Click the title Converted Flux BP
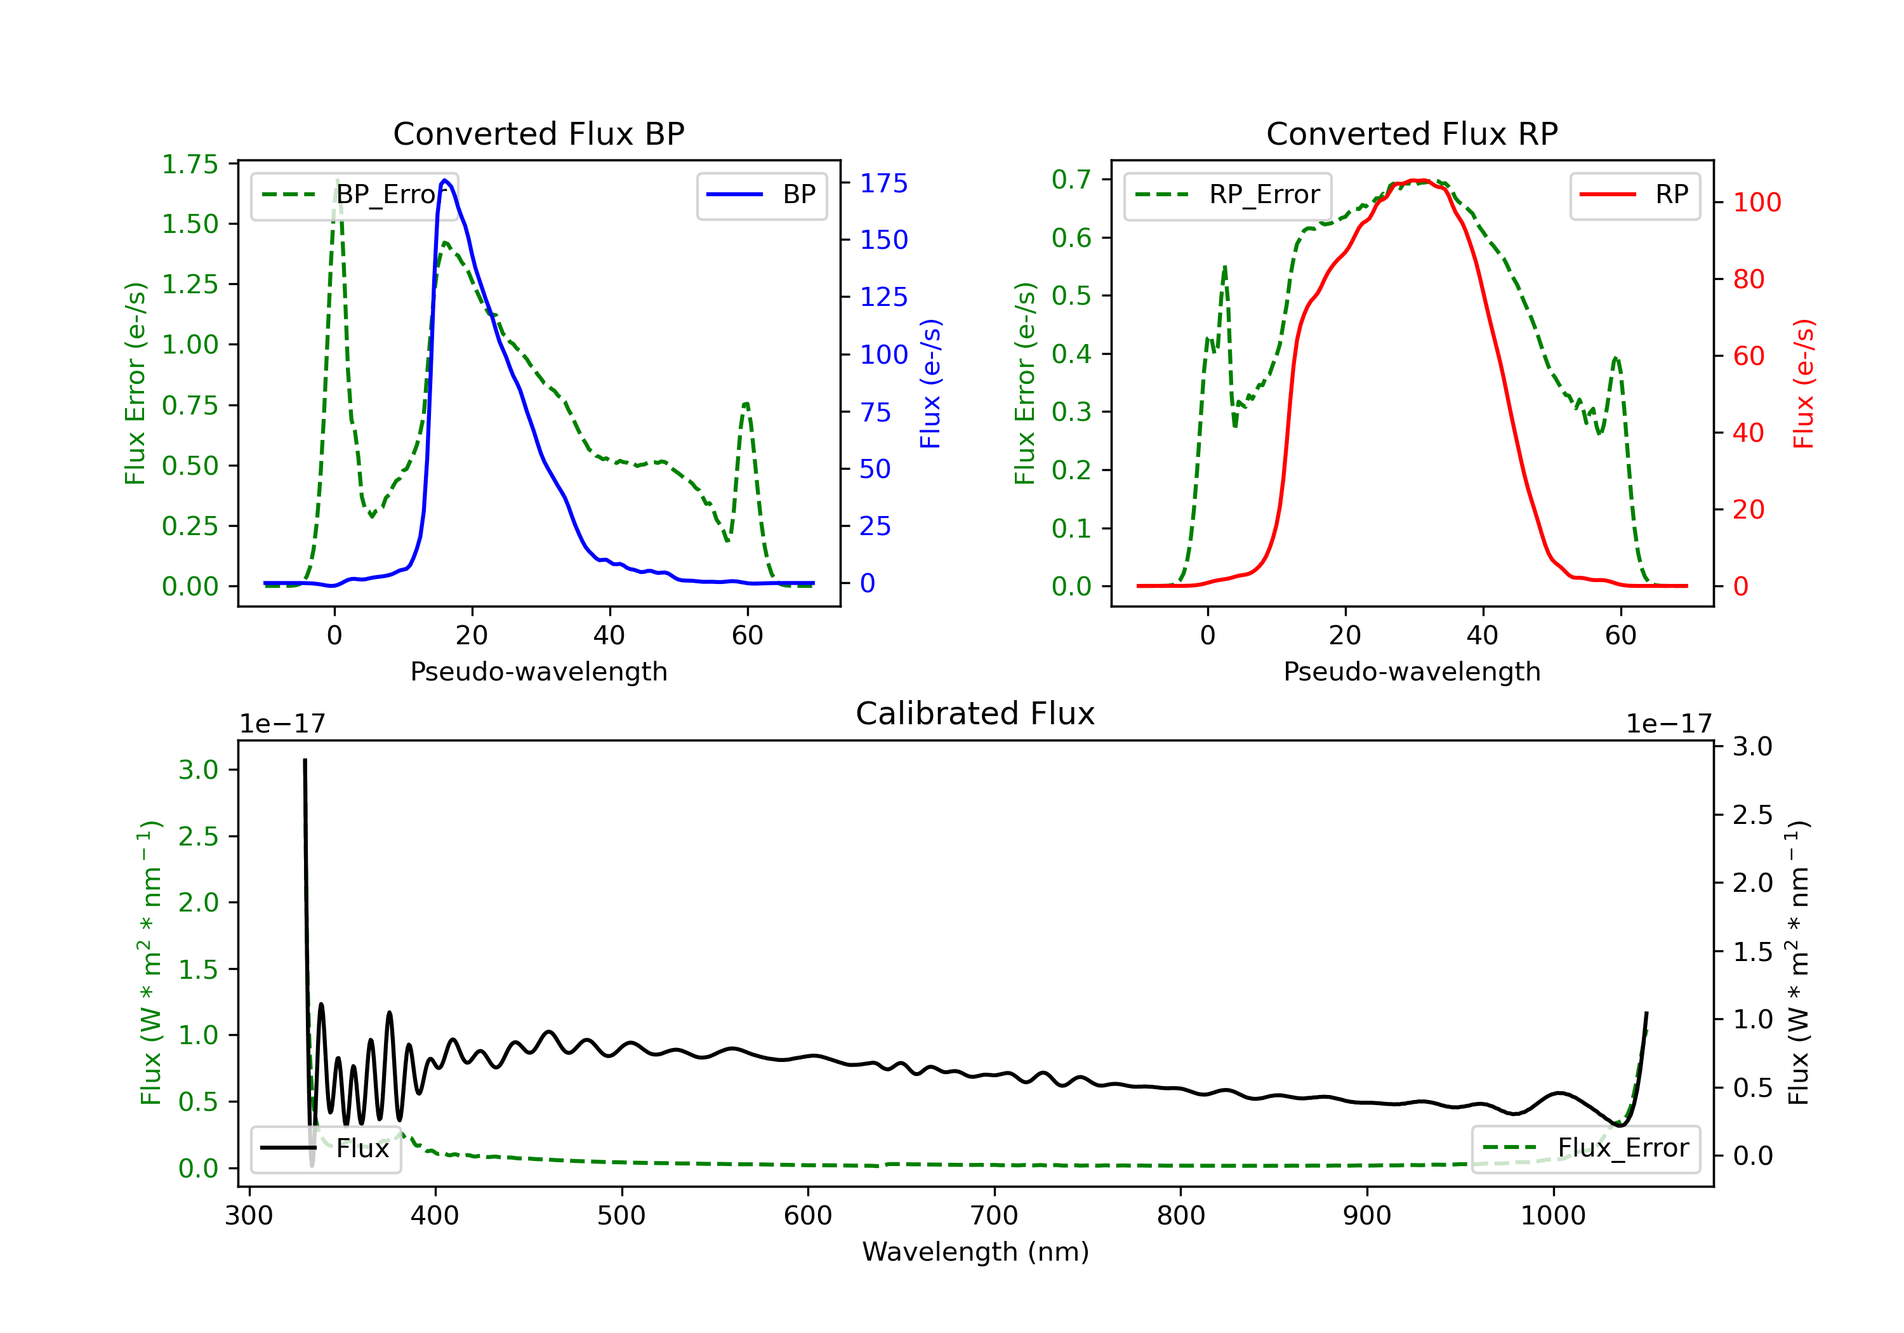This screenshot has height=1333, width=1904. pos(538,133)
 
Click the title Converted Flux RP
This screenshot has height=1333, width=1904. pos(1411,133)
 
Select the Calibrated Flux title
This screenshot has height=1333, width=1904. pos(975,713)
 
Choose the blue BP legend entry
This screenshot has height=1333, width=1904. pos(761,195)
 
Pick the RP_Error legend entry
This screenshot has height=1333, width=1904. pos(1227,195)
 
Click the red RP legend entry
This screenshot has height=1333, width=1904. pos(1634,195)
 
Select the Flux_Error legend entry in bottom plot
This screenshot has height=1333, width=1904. pos(1585,1148)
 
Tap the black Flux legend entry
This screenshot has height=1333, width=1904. pos(325,1148)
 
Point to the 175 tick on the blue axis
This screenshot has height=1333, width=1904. pos(883,183)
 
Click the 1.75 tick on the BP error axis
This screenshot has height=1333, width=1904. pos(190,164)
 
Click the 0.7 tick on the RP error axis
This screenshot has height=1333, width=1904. pos(1071,179)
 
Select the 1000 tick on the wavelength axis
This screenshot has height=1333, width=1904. pos(1553,1216)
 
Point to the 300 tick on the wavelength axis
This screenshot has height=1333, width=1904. pos(249,1216)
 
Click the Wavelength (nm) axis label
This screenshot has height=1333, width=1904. pos(975,1252)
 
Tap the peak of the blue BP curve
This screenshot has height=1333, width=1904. pos(446,180)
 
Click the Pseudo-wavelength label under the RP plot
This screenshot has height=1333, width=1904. pos(1411,671)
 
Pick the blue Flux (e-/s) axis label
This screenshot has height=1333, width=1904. pos(930,383)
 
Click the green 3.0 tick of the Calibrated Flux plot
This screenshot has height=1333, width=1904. pos(197,770)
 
